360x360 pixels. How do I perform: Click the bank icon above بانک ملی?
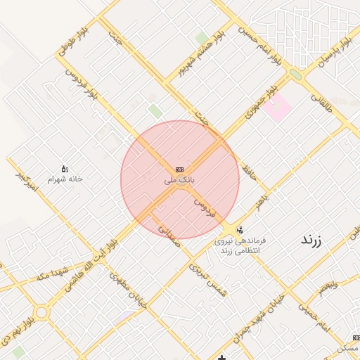click(x=179, y=170)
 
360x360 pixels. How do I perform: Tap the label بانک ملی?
click(x=179, y=181)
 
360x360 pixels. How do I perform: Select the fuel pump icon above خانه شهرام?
click(x=65, y=169)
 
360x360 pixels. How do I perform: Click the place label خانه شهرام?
click(x=65, y=179)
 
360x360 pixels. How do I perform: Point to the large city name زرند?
click(x=310, y=240)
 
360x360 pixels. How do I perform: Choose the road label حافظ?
click(x=247, y=168)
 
